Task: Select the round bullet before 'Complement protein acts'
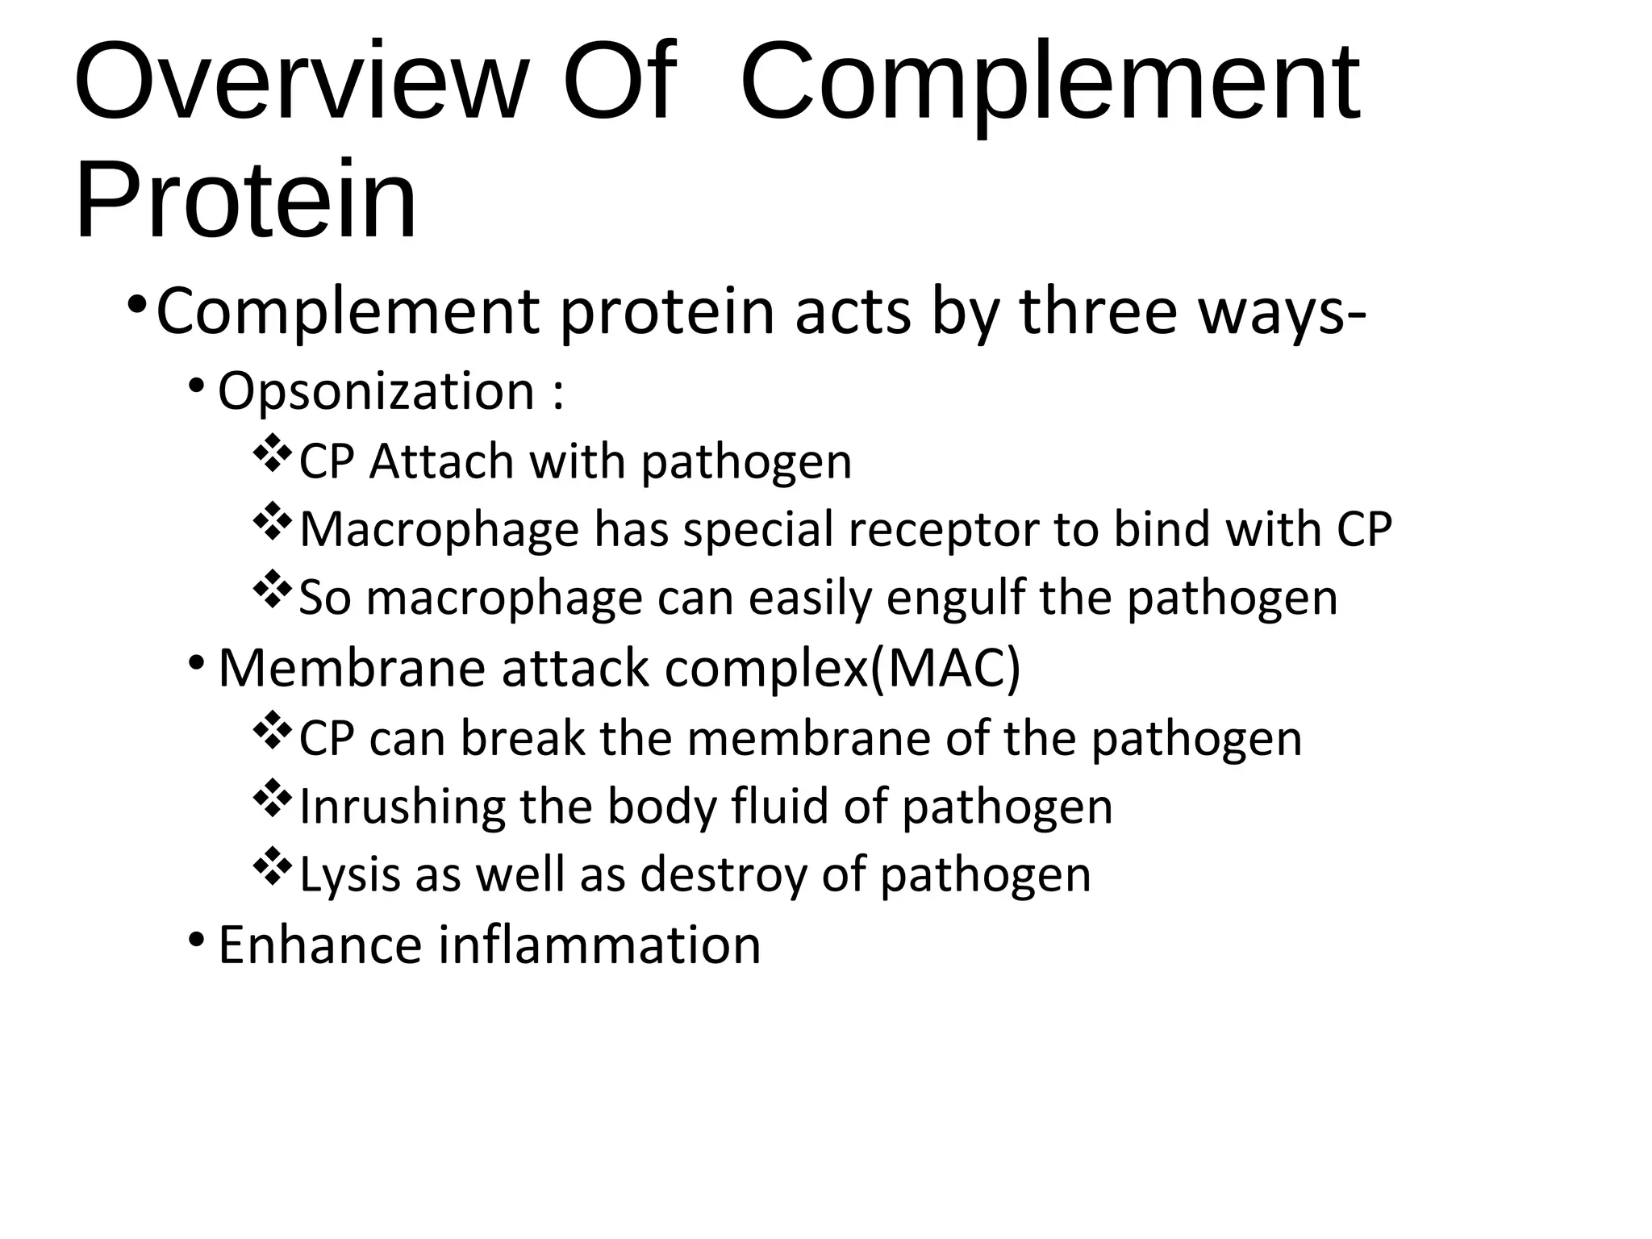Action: click(137, 306)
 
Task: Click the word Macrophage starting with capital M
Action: click(440, 530)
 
